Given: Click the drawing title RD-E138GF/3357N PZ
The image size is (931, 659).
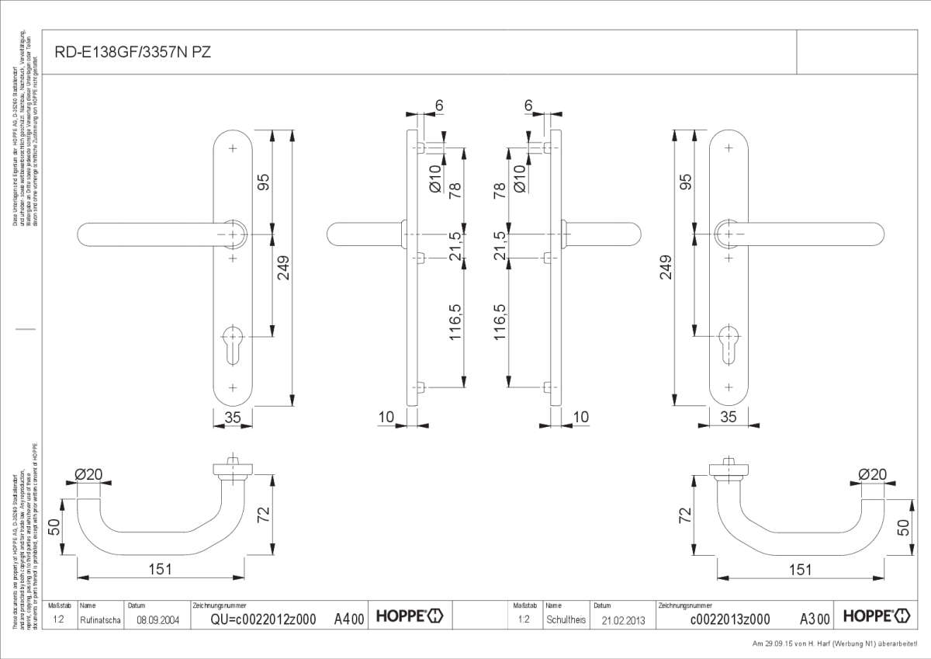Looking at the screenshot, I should tap(132, 52).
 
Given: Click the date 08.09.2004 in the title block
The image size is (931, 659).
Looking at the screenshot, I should tap(152, 620).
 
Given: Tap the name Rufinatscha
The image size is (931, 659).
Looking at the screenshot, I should tap(99, 620).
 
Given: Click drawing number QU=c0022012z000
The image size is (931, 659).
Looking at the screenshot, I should tap(263, 619).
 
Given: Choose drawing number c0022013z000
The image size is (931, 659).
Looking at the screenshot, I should tap(729, 619).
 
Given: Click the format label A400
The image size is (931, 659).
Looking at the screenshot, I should tap(348, 619).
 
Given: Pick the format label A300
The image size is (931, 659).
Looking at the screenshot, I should tap(815, 619).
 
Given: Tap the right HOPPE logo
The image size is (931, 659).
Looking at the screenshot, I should tap(876, 617).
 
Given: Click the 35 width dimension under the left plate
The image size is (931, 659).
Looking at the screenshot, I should tap(233, 418).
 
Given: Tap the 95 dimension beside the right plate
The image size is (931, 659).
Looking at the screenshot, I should tap(684, 182).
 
